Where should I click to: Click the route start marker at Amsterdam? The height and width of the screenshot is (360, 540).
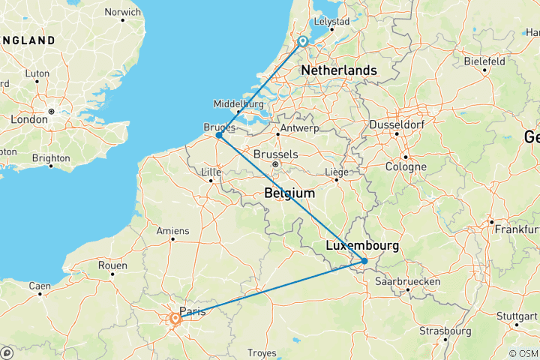point(302,42)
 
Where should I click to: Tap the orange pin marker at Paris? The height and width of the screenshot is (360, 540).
point(175,319)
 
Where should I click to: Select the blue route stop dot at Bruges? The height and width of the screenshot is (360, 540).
point(218,135)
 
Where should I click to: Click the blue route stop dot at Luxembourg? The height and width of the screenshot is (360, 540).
point(364,261)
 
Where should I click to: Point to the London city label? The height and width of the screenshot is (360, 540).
point(28,118)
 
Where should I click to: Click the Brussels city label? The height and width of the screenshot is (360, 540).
point(276,154)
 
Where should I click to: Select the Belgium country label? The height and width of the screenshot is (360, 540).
point(289,193)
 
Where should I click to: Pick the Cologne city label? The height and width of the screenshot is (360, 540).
point(406,166)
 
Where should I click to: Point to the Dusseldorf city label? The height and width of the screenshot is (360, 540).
point(397,124)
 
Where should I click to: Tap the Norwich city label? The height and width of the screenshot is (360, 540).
point(122,13)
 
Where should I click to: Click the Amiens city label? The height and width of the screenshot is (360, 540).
point(172,231)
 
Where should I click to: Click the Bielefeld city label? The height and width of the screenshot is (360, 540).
point(485,61)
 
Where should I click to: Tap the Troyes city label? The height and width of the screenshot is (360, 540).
point(262,352)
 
